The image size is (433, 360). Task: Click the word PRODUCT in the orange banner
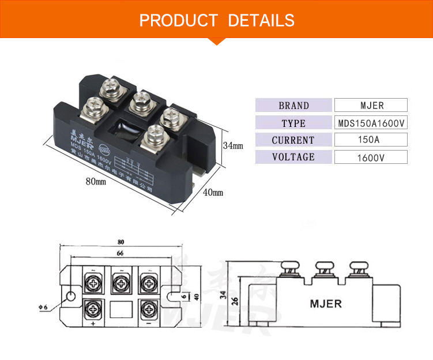tap(178, 21)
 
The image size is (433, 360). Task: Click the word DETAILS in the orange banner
tap(261, 21)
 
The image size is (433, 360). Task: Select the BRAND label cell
tap(293, 106)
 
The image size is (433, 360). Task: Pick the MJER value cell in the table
tap(371, 106)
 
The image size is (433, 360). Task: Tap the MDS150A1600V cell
tap(371, 123)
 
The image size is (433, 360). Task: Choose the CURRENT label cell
tap(293, 140)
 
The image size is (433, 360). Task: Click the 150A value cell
tap(371, 140)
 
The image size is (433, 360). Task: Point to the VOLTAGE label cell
tap(293, 157)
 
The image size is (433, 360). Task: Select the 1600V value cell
tap(371, 157)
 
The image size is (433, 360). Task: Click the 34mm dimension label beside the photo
tap(233, 146)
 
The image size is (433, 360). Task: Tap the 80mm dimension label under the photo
tap(96, 182)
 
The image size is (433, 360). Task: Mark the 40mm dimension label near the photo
tap(213, 192)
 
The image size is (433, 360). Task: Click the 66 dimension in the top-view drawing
tap(121, 253)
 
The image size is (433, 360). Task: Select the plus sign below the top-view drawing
tap(93, 324)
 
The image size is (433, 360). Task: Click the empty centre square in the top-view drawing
tap(120, 308)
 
